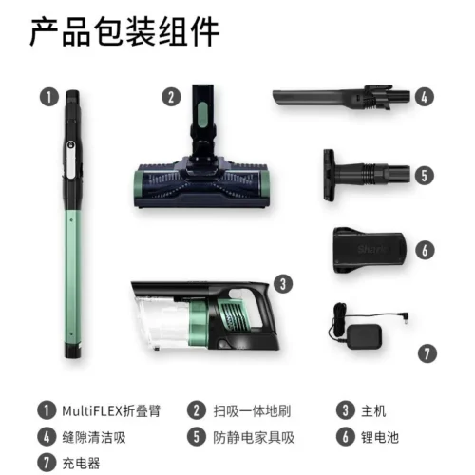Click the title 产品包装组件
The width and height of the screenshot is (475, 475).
point(124,32)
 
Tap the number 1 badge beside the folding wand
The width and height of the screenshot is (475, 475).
point(49,97)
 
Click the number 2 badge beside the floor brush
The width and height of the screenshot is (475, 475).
point(171,97)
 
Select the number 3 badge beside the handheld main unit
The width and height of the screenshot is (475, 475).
point(283,284)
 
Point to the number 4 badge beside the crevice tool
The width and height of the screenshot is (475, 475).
point(425,97)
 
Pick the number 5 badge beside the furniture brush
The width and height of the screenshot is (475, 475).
point(425,175)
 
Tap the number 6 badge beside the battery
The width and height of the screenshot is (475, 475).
point(425,250)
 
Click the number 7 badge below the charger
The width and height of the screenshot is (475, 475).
point(427,353)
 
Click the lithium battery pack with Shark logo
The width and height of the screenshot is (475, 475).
point(370,250)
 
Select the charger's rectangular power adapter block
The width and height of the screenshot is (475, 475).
point(364,338)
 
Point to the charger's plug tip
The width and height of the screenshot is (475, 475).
point(406,317)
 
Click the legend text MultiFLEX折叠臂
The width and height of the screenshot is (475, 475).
point(111,411)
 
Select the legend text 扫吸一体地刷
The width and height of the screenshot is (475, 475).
point(252,411)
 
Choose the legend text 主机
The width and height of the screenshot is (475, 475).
point(373,411)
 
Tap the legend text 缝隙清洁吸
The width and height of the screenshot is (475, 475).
point(94,437)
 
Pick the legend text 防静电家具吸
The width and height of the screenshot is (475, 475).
point(254,437)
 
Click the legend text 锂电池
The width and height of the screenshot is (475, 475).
point(380,437)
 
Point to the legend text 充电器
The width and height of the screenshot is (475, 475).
point(81,463)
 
